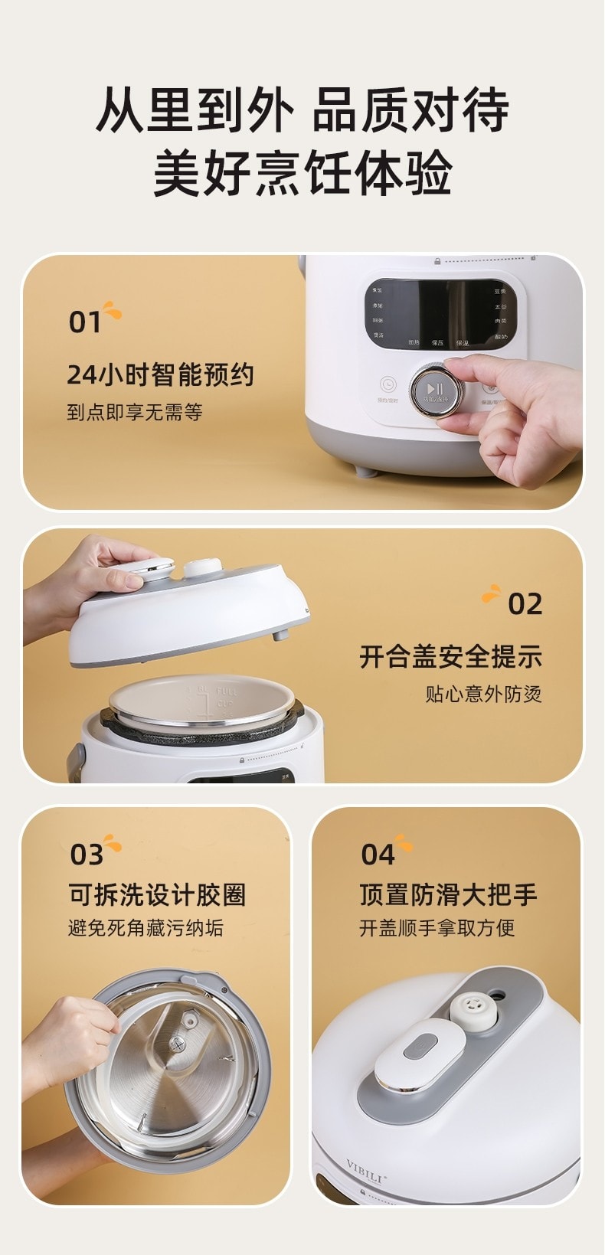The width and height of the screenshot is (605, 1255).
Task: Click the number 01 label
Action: pyautogui.click(x=85, y=322)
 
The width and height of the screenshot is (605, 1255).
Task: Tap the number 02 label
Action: pyautogui.click(x=525, y=604)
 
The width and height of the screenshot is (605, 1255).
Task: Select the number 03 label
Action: pyautogui.click(x=87, y=855)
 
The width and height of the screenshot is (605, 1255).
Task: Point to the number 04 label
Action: pyautogui.click(x=378, y=855)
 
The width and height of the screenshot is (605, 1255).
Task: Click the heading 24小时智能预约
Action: pyautogui.click(x=160, y=375)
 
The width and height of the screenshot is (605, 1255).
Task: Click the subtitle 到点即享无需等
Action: pyautogui.click(x=135, y=413)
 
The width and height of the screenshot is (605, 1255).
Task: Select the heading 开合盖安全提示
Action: pyautogui.click(x=451, y=657)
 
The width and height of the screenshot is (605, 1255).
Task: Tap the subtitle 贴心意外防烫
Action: pyautogui.click(x=484, y=694)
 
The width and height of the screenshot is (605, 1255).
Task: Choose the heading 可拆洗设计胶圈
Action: pyautogui.click(x=158, y=894)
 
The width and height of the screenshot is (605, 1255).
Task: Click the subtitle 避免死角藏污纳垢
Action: pyautogui.click(x=146, y=928)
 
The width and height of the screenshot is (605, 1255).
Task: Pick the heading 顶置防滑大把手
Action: pyautogui.click(x=449, y=894)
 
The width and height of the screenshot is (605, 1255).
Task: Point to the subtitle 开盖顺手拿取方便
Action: pyautogui.click(x=437, y=928)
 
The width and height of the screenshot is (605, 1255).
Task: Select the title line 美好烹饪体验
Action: pyautogui.click(x=302, y=173)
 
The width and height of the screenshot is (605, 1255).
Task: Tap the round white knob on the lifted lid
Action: pyautogui.click(x=201, y=569)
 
